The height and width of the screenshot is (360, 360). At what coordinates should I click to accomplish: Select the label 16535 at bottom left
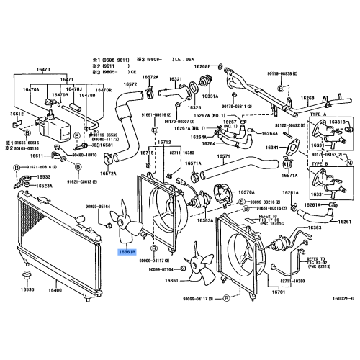[27, 289]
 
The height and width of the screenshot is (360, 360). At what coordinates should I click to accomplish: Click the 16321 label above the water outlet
[176, 78]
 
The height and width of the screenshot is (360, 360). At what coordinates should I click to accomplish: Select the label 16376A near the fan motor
[246, 192]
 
